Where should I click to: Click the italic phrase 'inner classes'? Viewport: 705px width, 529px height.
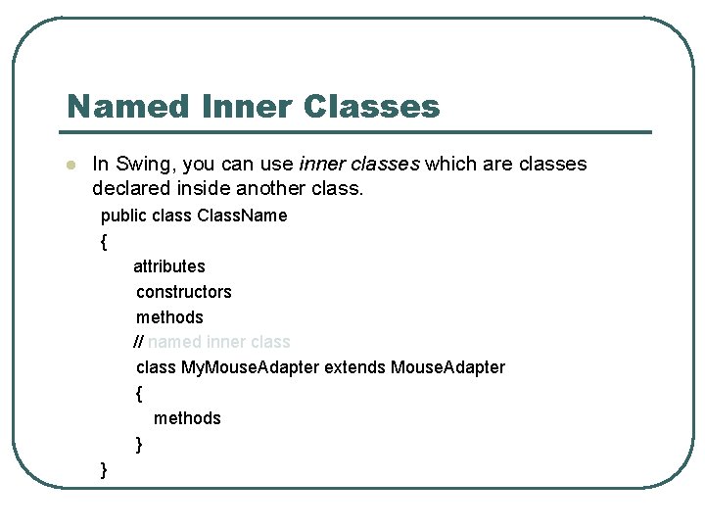[358, 164]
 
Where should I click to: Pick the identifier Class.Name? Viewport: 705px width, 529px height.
[242, 216]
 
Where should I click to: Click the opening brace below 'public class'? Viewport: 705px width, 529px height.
[103, 241]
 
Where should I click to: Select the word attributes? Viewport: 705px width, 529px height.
[169, 266]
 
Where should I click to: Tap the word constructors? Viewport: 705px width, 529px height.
[184, 292]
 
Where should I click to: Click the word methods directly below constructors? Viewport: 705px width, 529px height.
[169, 317]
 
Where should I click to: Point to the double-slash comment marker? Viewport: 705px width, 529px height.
[138, 342]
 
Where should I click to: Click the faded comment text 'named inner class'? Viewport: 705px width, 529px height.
[219, 342]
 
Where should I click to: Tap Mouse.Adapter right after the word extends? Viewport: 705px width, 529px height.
[447, 367]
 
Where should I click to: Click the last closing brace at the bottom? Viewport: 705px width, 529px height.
[104, 470]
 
